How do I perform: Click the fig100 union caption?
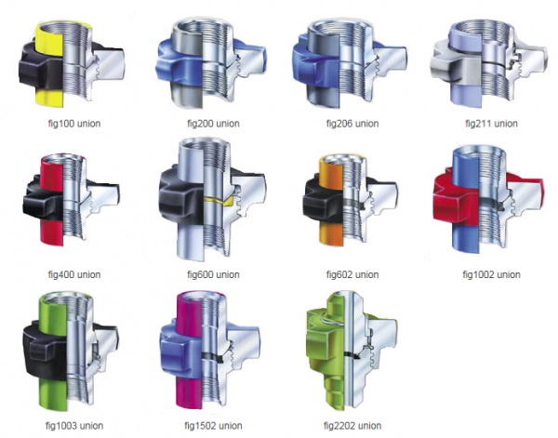coord(74,124)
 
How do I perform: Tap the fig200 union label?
coord(213,124)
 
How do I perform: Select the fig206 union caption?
coord(352,124)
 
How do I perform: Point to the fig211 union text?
coord(491,124)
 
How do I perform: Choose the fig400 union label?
coord(74,274)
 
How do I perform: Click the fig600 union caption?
coord(213,274)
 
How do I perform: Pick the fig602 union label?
coord(352,274)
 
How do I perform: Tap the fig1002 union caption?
coord(491,274)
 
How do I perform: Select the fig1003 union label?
coord(74,426)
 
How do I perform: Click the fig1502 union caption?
coord(213,426)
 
